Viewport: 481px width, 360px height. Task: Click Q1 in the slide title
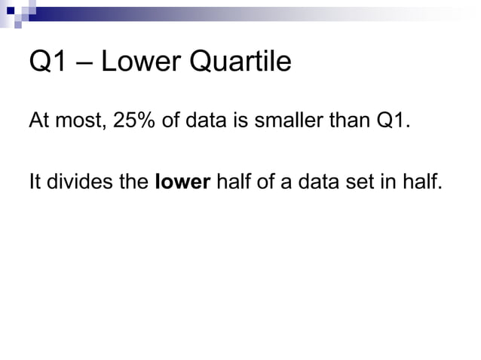[x=46, y=62]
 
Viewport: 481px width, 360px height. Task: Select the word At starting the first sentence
[x=38, y=121]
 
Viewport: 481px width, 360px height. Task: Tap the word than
[x=347, y=121]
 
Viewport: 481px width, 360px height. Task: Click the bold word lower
[x=182, y=183]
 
